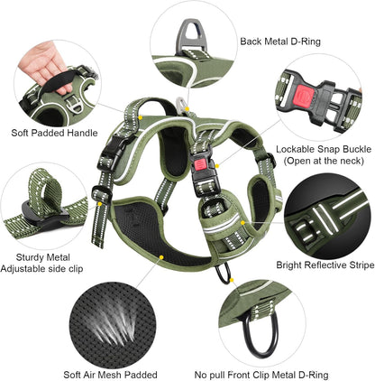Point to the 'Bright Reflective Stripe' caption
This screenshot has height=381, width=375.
(x=323, y=266)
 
